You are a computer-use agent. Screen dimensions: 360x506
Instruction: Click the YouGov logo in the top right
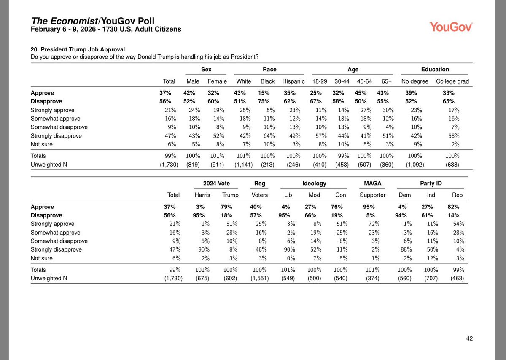tap(451, 27)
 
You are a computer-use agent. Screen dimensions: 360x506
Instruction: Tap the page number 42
tap(470, 338)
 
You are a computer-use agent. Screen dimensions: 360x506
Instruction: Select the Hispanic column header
tap(293, 81)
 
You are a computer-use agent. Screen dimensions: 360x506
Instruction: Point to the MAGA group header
tap(372, 184)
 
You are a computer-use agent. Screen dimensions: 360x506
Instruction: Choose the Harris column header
tap(202, 195)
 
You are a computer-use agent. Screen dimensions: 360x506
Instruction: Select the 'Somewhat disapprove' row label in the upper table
tap(59, 127)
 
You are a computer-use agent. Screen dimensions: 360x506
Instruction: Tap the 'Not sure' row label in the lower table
tap(43, 258)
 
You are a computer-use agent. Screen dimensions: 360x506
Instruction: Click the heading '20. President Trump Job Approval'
tap(78, 49)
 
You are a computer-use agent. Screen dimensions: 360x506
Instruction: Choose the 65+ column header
tap(387, 81)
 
